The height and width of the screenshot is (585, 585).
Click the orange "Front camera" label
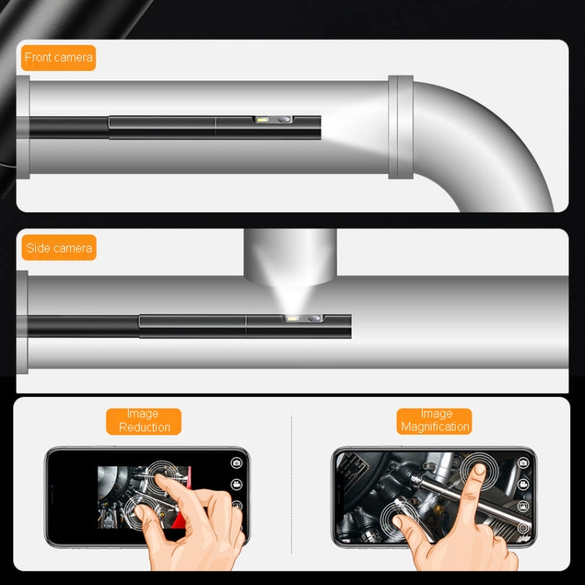[58, 57]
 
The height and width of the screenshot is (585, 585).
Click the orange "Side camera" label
[59, 248]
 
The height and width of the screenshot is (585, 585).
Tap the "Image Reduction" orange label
[144, 420]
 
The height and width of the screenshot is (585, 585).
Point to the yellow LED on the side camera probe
[293, 319]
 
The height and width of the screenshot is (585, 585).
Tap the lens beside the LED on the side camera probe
[314, 319]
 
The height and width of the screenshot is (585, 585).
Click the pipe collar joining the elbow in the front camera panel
[400, 127]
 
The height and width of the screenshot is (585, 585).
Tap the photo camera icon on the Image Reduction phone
[236, 463]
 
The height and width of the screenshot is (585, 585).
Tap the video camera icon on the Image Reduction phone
[236, 484]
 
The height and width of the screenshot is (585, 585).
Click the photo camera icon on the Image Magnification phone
[523, 463]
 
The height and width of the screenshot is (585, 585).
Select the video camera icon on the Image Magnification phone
[523, 484]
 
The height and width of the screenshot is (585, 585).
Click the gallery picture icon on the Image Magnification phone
[523, 505]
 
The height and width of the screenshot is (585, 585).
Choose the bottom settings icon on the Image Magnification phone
[523, 527]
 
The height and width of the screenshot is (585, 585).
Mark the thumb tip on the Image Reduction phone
[143, 511]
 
